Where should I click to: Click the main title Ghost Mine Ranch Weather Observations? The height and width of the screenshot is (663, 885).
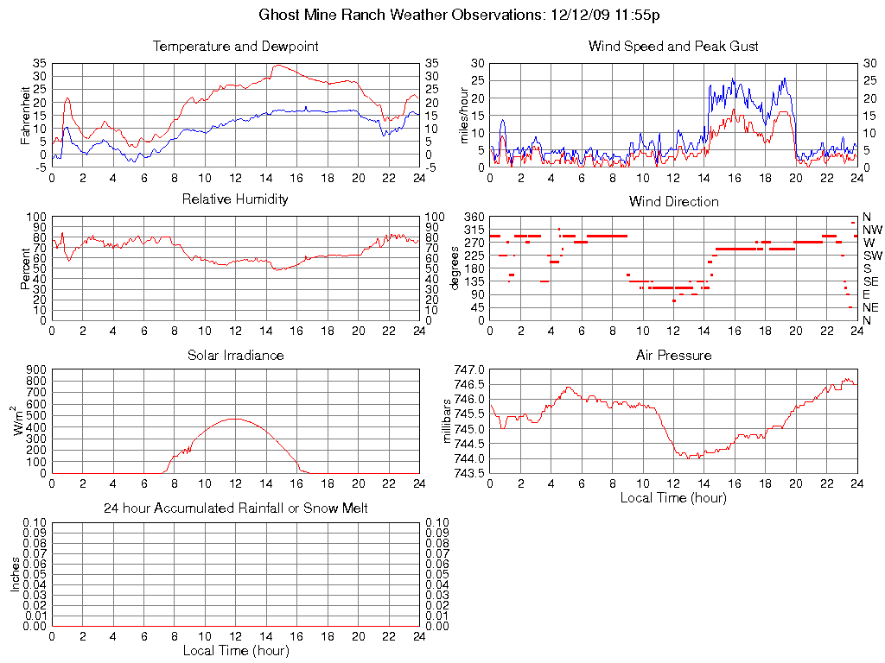click(460, 15)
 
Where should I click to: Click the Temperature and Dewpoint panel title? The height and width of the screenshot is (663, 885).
click(235, 47)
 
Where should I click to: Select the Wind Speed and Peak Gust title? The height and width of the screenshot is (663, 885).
click(673, 47)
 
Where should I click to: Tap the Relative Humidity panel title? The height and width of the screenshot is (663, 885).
click(235, 199)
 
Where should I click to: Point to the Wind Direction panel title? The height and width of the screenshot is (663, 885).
click(673, 202)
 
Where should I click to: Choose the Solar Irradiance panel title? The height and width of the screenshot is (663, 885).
click(235, 356)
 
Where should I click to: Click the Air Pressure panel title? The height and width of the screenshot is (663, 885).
click(673, 356)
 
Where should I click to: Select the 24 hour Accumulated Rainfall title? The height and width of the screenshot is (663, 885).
click(235, 508)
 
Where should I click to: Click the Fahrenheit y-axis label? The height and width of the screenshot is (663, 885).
click(25, 116)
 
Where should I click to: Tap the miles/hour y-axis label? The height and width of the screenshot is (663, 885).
click(463, 116)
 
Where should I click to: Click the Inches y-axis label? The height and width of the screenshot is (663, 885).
click(16, 574)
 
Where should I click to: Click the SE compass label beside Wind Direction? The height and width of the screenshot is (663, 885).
click(870, 281)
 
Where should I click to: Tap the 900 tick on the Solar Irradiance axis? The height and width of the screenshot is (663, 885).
click(35, 370)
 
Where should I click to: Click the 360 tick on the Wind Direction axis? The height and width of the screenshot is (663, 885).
click(473, 217)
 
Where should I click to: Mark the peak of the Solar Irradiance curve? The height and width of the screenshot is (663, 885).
click(235, 419)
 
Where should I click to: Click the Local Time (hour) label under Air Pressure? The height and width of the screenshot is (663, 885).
click(673, 498)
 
